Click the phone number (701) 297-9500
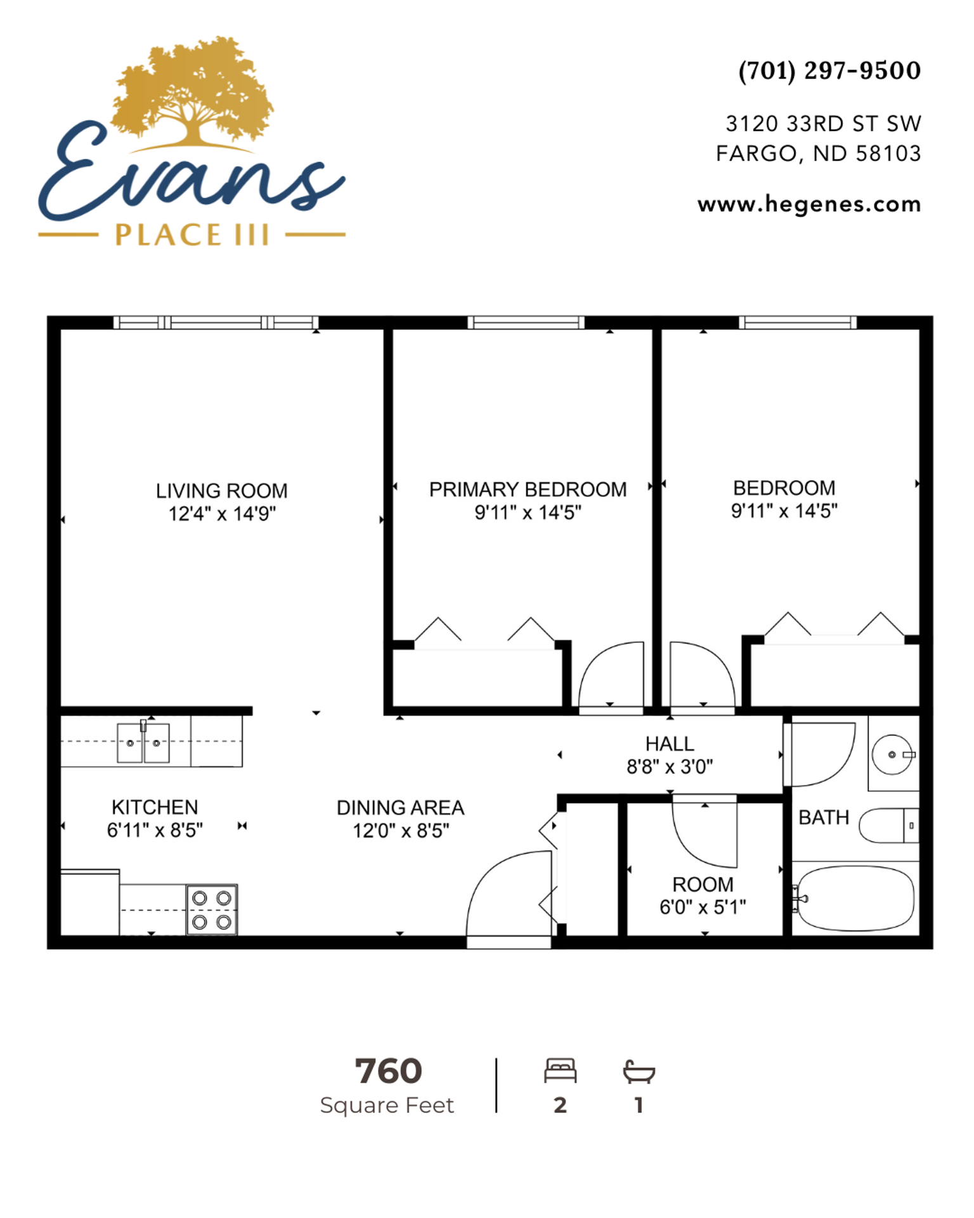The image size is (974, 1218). tap(829, 71)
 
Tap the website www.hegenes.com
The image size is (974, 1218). tap(809, 204)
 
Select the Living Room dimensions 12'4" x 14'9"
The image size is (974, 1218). tap(222, 513)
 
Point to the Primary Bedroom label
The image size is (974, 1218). tap(528, 489)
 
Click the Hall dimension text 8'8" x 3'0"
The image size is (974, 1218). tap(670, 767)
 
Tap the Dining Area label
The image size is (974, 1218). tap(400, 808)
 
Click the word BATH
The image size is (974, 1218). tap(824, 818)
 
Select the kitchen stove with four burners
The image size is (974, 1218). tap(212, 909)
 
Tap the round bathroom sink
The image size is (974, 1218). tap(892, 755)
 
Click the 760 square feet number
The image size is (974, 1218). tap(388, 1071)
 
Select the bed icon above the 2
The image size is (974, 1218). tap(561, 1070)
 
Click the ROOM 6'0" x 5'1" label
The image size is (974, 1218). tap(703, 896)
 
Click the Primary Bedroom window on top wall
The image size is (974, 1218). tap(526, 322)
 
